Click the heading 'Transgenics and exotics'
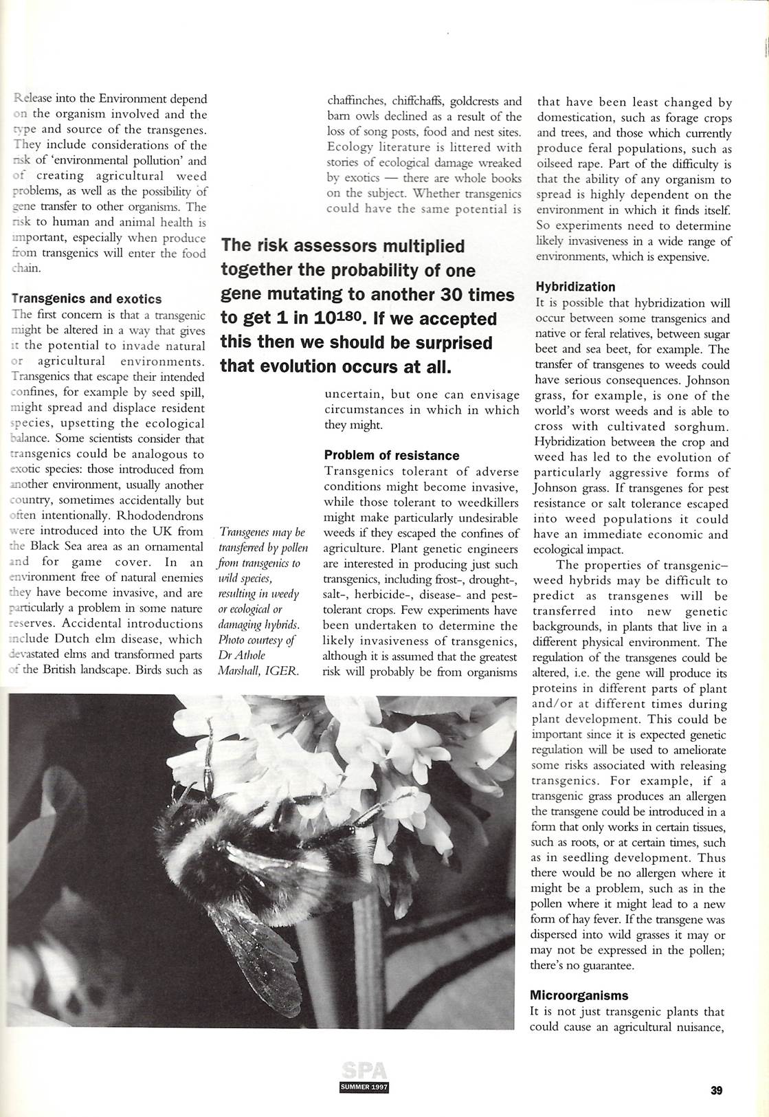87,299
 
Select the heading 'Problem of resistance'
392,455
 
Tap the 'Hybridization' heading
575,287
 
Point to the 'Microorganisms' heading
579,995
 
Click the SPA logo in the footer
364,1072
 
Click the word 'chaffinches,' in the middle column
356,101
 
